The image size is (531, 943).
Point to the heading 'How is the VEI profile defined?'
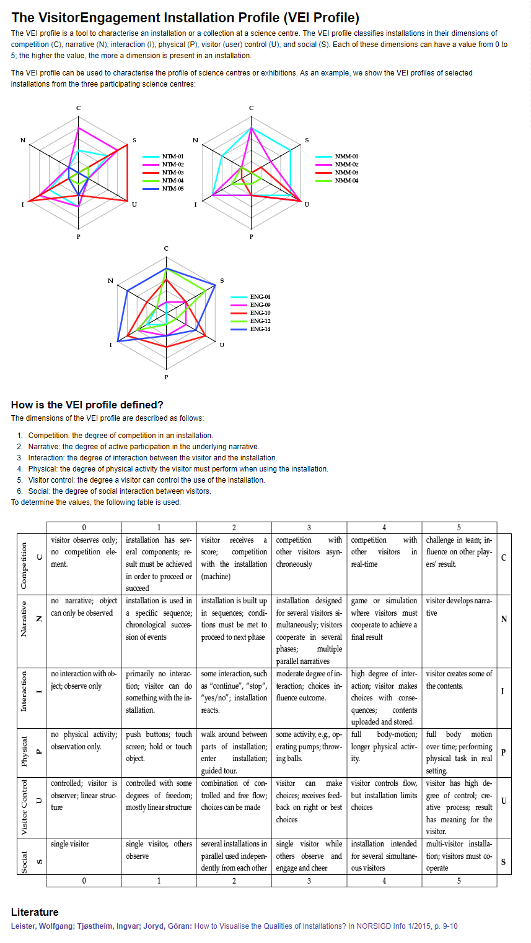click(x=87, y=405)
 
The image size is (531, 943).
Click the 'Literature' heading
click(x=35, y=912)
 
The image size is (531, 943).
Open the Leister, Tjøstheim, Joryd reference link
click(x=234, y=926)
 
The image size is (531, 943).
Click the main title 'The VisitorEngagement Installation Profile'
click(x=185, y=18)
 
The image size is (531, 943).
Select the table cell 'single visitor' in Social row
click(x=70, y=844)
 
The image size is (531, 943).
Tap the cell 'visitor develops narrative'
click(x=459, y=606)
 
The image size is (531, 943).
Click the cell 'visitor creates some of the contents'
click(x=459, y=679)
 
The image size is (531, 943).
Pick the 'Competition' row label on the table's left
click(x=25, y=565)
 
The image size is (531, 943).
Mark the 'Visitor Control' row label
click(x=25, y=807)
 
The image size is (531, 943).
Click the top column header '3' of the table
click(x=309, y=527)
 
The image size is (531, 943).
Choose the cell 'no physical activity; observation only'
click(x=84, y=740)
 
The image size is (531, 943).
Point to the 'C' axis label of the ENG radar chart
click(x=166, y=248)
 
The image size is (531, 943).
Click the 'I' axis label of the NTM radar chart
click(x=23, y=205)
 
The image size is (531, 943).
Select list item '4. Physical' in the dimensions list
click(x=178, y=469)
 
